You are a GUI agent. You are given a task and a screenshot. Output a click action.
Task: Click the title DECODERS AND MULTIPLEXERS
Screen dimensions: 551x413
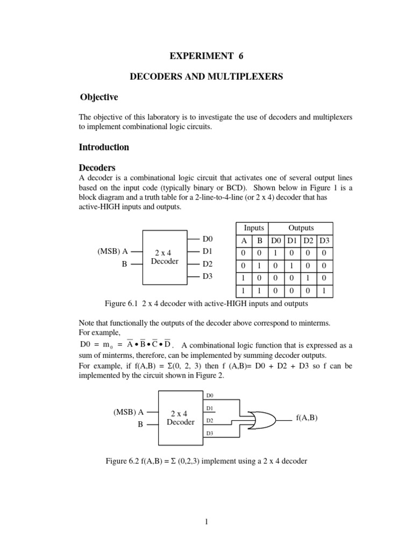pyautogui.click(x=206, y=77)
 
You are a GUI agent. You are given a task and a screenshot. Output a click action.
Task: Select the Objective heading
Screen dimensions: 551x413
pyautogui.click(x=99, y=97)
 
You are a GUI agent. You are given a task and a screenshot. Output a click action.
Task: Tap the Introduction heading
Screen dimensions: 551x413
pyautogui.click(x=104, y=147)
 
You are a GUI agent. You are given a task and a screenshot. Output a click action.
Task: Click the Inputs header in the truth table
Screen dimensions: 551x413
pyautogui.click(x=254, y=228)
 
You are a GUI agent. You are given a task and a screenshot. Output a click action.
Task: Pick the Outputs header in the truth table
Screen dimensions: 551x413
pyautogui.click(x=301, y=228)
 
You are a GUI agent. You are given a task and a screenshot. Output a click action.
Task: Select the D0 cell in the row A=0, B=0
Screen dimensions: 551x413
pyautogui.click(x=276, y=252)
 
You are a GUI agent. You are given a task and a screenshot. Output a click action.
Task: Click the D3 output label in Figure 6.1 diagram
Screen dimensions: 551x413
pyautogui.click(x=208, y=277)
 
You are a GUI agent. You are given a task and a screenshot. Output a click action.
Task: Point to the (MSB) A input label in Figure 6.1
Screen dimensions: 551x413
pyautogui.click(x=110, y=251)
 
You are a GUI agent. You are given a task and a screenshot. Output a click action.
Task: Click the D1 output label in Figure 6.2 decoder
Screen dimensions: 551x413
pyautogui.click(x=210, y=408)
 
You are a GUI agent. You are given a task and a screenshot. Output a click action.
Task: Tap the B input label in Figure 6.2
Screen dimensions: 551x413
pyautogui.click(x=140, y=424)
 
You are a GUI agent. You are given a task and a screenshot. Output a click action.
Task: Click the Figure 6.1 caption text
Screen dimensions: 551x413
pyautogui.click(x=206, y=303)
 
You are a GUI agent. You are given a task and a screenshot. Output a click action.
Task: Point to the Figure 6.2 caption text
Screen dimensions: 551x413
pyautogui.click(x=206, y=462)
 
